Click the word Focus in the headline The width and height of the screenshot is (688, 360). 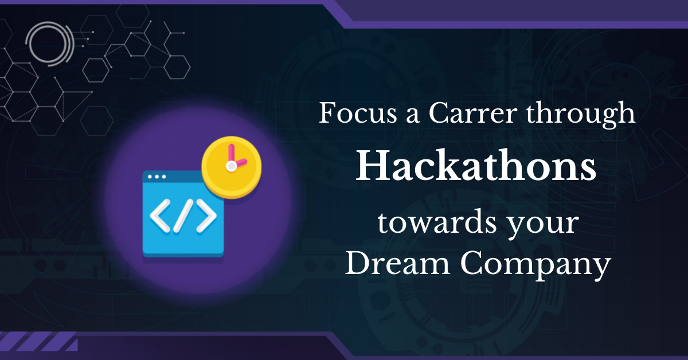358,113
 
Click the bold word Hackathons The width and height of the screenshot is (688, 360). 476,166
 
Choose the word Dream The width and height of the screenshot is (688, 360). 398,263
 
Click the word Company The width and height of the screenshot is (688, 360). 535,265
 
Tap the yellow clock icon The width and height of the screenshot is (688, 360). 232,167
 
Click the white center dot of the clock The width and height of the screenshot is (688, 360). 231,166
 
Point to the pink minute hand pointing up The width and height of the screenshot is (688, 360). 231,154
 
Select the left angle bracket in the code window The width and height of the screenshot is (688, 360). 160,216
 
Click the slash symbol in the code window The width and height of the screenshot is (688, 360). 183,216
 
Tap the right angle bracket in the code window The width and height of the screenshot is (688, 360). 206,216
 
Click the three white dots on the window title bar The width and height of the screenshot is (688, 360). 157,177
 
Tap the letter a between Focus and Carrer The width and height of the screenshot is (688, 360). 412,116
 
